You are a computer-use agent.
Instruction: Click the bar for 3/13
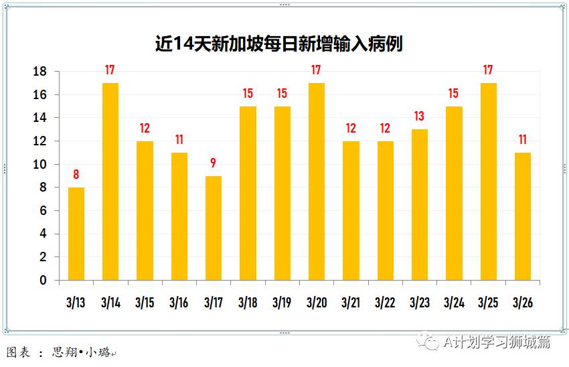click(76, 234)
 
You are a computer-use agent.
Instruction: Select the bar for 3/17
click(214, 228)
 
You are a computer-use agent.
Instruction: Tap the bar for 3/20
click(317, 181)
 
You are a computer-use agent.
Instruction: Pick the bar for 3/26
click(523, 216)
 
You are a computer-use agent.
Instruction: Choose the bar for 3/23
click(420, 204)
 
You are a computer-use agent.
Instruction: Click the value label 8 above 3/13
click(76, 175)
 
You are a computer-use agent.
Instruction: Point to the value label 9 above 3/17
click(214, 163)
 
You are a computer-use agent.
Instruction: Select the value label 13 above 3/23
click(420, 117)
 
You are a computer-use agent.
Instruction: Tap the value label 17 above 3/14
click(110, 70)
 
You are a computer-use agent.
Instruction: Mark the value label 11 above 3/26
click(523, 140)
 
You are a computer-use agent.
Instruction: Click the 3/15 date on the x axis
click(145, 303)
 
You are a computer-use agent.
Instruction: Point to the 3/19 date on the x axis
click(282, 303)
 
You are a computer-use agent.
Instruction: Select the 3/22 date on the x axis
click(385, 303)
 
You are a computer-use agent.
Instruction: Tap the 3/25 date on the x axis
click(488, 303)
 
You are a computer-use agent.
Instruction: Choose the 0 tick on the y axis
click(44, 281)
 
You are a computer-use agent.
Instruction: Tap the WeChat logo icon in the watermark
click(426, 342)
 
